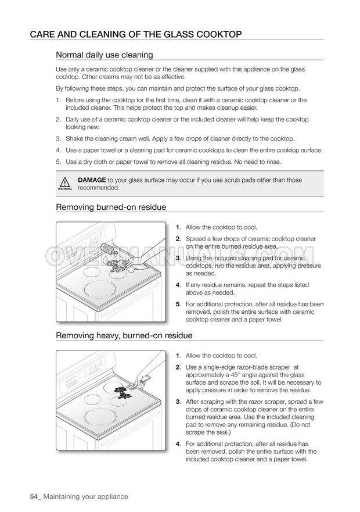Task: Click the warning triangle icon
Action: click(64, 182)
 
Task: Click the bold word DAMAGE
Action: click(92, 180)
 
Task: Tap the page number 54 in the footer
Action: click(35, 496)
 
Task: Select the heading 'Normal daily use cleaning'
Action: click(104, 55)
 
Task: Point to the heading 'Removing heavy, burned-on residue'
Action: click(124, 335)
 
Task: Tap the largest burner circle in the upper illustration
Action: click(105, 289)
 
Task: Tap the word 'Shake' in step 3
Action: click(75, 138)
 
